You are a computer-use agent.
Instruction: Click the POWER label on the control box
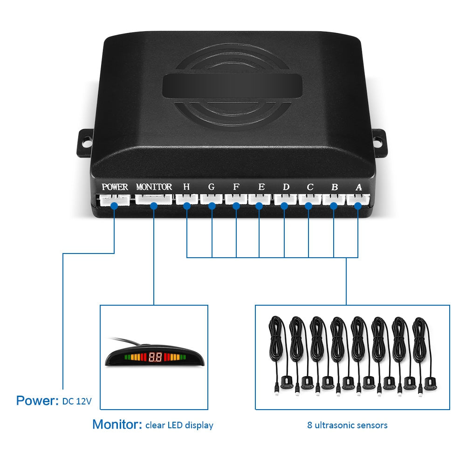point(115,187)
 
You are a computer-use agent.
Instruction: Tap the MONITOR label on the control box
point(154,187)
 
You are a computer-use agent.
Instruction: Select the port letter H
point(186,187)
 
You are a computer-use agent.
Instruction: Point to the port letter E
point(261,187)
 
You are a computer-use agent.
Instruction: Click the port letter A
point(358,187)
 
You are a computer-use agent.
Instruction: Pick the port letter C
point(310,187)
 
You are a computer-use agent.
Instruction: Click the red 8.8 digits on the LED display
point(155,358)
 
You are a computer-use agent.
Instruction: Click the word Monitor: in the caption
point(117,425)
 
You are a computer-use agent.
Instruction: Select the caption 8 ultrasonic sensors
point(347,425)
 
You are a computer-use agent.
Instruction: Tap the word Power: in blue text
point(37,401)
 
